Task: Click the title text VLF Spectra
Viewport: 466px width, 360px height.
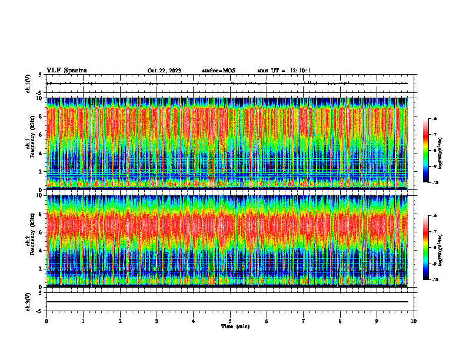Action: [66, 71]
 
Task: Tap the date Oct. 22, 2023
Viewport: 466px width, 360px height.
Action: [164, 71]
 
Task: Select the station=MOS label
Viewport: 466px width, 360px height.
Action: [218, 71]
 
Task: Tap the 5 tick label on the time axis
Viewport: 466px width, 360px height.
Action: [230, 321]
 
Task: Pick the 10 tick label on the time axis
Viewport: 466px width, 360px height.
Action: [414, 321]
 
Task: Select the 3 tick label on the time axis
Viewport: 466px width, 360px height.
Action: [157, 321]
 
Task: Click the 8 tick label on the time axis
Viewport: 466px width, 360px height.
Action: [340, 321]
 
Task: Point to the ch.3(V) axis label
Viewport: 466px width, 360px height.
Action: [28, 301]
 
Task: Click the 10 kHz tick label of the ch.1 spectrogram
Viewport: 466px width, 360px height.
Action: [40, 98]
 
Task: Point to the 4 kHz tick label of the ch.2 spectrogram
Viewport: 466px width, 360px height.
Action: [41, 250]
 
